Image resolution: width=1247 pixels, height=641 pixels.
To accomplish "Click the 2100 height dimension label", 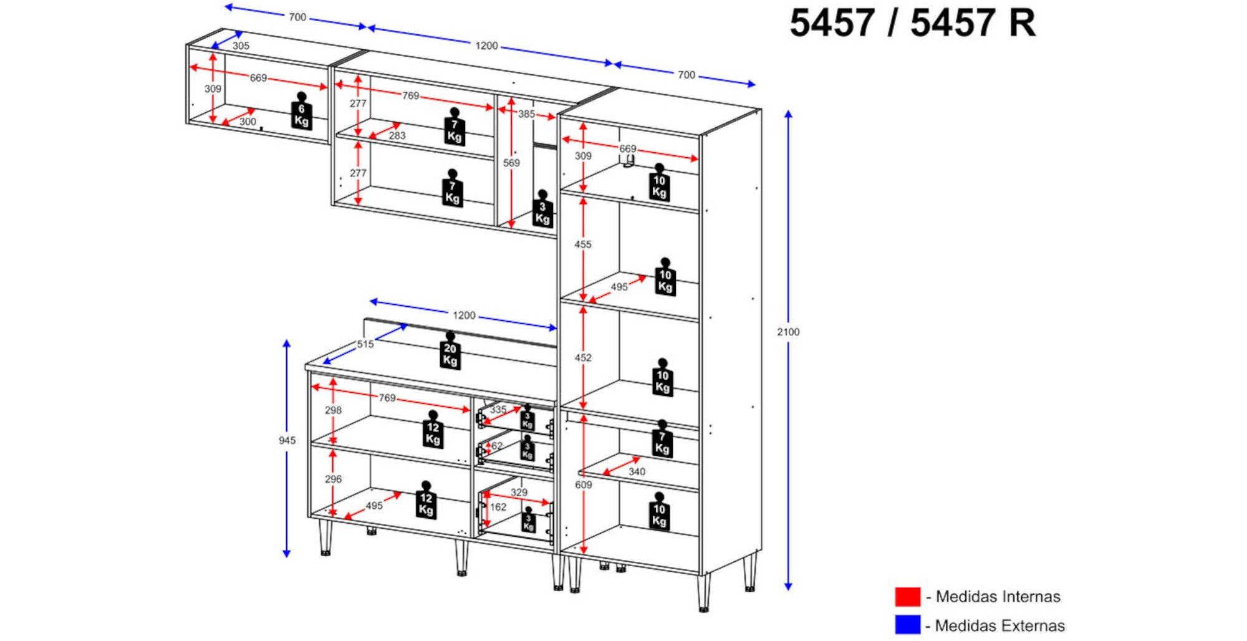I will [x=788, y=332].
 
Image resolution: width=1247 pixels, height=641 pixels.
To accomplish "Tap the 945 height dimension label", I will [x=287, y=440].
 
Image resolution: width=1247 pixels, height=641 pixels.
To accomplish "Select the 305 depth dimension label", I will [x=241, y=46].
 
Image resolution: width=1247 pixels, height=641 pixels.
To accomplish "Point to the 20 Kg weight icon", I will [x=450, y=353].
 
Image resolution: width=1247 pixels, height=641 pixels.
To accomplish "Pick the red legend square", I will [x=907, y=597].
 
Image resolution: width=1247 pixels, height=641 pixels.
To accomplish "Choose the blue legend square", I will [x=907, y=625].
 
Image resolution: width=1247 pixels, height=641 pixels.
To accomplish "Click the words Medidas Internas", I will [x=998, y=597].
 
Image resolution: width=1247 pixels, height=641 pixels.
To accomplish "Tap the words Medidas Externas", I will [x=999, y=625].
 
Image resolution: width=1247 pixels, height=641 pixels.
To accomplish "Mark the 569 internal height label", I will [x=511, y=163].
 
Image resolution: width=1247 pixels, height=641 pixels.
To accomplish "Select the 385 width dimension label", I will [x=526, y=114].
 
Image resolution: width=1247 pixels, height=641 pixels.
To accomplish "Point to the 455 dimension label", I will [x=583, y=244].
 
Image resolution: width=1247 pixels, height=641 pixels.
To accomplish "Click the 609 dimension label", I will [x=584, y=484].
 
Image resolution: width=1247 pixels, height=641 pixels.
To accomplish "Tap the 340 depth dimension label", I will [x=637, y=471].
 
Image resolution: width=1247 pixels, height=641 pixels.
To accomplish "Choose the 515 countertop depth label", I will [x=365, y=344].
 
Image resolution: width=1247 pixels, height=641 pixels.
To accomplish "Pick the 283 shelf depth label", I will [x=397, y=135].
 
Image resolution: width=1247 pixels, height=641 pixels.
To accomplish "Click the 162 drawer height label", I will [x=498, y=507].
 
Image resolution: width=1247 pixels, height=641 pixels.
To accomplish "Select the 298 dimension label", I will [x=333, y=410].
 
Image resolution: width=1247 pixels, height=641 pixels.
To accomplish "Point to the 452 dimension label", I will [x=583, y=358].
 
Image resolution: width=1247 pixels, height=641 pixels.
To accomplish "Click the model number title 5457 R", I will [x=973, y=24].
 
